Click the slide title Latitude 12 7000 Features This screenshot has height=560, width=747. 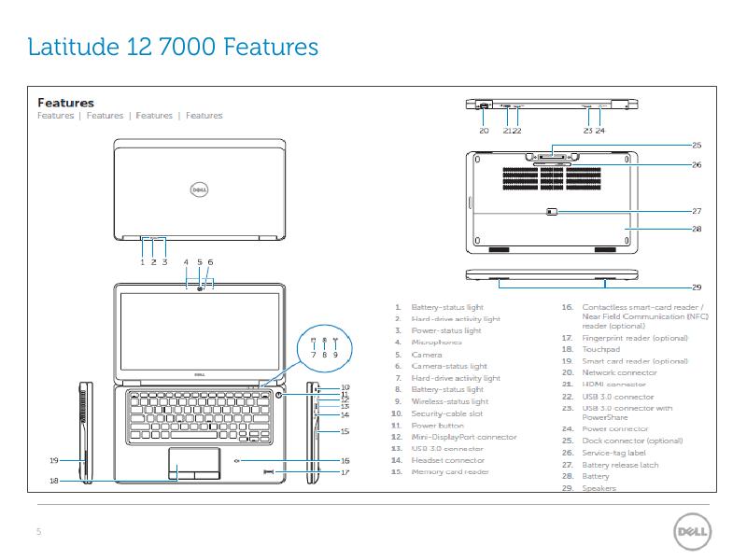tap(174, 47)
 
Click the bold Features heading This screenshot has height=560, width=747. tap(65, 103)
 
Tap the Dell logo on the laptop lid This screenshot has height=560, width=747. tap(198, 189)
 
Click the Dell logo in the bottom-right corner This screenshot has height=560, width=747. tap(691, 533)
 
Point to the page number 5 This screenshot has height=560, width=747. tap(38, 532)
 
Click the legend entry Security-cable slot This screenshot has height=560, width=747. tap(446, 413)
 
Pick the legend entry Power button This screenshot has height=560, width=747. tap(437, 426)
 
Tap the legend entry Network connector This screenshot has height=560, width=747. tap(619, 372)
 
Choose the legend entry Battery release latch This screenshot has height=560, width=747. tap(620, 465)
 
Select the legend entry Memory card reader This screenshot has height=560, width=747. tap(450, 471)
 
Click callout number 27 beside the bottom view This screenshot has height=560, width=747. tap(697, 211)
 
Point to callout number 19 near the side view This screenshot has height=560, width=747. tap(54, 460)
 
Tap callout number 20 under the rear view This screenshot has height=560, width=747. tap(484, 132)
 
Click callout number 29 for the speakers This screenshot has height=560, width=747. tap(697, 287)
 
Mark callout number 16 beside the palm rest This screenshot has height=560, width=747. tap(345, 460)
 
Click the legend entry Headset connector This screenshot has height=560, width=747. tap(448, 460)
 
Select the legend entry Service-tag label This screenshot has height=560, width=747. tap(613, 453)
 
